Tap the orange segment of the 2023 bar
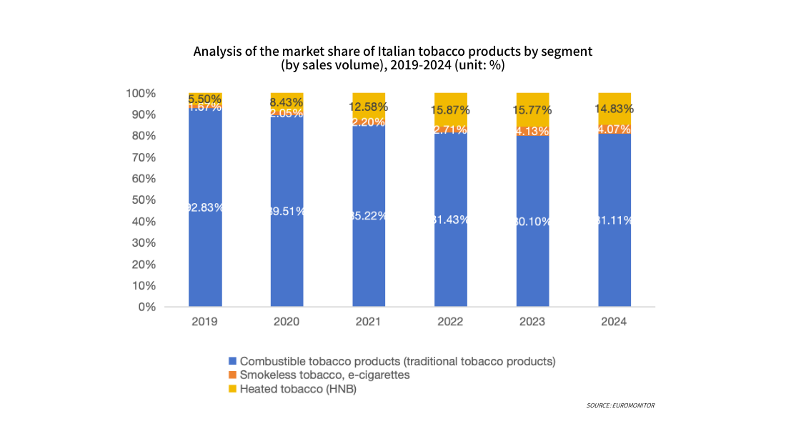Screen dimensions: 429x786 [x=532, y=132]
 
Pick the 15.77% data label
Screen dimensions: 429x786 [x=532, y=110]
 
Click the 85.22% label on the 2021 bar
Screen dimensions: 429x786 [x=369, y=215]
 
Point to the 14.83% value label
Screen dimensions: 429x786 [x=615, y=109]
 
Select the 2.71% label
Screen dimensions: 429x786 [x=451, y=129]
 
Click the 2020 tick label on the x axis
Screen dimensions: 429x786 [x=287, y=322]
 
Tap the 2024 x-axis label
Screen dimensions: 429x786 [x=615, y=322]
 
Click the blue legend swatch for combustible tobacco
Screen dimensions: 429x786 [x=232, y=361]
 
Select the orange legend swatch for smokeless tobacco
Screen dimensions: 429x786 [x=232, y=375]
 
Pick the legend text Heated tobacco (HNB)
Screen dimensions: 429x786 [x=298, y=390]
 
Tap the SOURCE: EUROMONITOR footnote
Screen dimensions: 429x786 [x=620, y=405]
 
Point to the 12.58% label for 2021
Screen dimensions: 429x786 [x=369, y=107]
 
